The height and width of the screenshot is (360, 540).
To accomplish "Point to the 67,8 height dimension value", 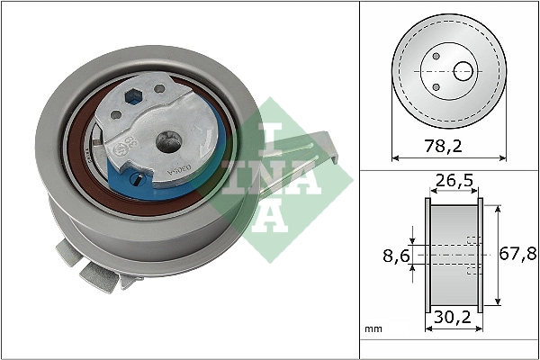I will click(x=518, y=256).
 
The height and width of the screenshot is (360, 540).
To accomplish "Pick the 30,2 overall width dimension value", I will click(x=454, y=318).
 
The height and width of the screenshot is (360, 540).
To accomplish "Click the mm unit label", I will click(x=373, y=329).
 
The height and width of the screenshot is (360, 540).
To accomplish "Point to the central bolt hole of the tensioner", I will click(x=167, y=139).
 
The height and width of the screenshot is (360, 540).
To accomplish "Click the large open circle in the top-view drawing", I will click(x=464, y=70).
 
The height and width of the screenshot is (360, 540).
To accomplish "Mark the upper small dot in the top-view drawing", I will click(x=436, y=55).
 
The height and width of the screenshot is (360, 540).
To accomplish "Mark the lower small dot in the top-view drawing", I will click(x=436, y=86).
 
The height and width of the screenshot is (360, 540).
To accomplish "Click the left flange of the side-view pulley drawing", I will click(x=427, y=256).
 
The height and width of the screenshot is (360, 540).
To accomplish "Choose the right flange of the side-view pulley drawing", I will click(x=481, y=256).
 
